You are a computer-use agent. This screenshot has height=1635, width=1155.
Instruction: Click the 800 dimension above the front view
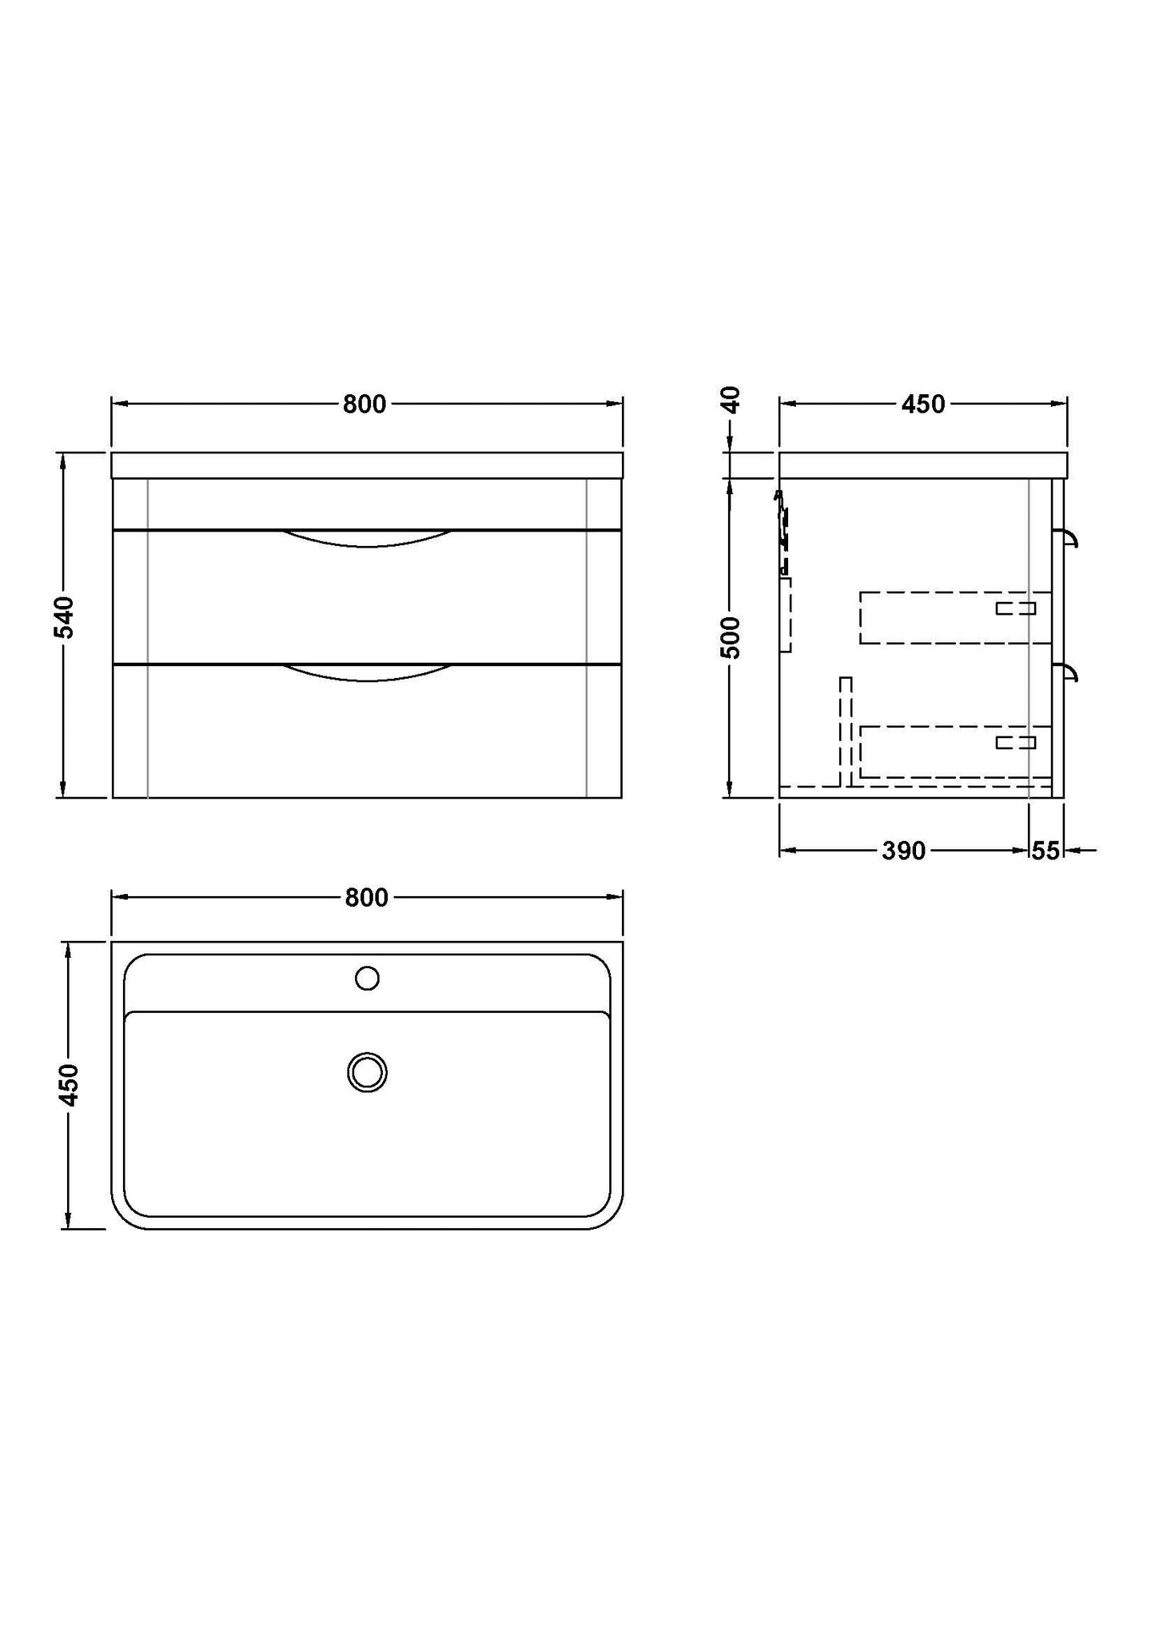point(364,405)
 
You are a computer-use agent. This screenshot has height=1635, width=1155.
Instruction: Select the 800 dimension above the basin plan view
point(367,898)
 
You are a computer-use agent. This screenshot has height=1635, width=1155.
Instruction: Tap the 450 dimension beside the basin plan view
point(70,1085)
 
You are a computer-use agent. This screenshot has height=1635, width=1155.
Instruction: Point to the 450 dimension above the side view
point(923,405)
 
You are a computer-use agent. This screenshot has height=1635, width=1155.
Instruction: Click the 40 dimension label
point(731,399)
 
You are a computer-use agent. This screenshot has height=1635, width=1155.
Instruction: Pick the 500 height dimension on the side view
point(731,636)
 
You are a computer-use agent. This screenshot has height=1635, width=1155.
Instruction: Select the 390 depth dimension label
point(903,851)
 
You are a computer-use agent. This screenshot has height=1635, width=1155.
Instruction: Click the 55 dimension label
point(1045,851)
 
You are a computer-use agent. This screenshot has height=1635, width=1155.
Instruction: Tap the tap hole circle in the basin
point(367,978)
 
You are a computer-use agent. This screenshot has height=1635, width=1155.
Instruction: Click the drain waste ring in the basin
point(368,1072)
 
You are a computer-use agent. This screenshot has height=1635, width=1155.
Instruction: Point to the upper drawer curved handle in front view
point(367,539)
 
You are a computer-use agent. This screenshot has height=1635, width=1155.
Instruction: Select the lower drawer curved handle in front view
point(367,673)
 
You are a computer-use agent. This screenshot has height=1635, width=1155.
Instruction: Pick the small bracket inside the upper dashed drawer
point(1015,608)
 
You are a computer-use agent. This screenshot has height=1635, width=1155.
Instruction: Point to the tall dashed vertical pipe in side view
point(846,731)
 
